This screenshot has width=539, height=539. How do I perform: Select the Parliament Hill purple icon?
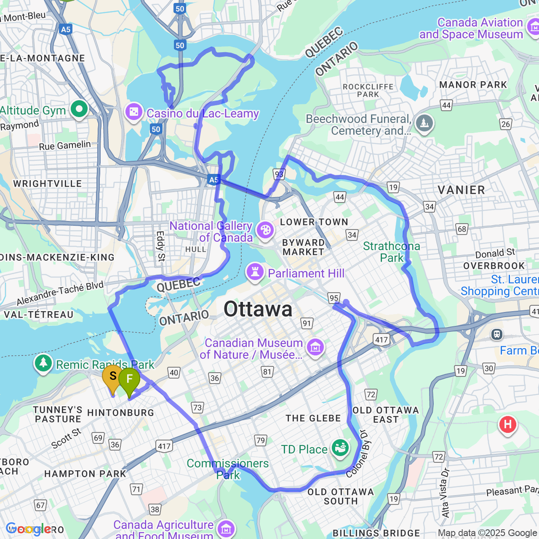[x=255, y=272]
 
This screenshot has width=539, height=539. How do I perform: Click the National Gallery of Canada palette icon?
[x=265, y=231]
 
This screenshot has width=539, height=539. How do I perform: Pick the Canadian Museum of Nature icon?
[x=315, y=347]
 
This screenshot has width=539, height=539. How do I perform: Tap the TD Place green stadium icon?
[x=340, y=448]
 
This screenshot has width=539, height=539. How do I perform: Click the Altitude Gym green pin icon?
[x=79, y=109]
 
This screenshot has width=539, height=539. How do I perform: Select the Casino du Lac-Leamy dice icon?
[x=134, y=112]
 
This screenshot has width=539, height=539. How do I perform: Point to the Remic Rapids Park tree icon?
[x=43, y=363]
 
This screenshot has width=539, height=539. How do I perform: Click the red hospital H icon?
[x=507, y=424]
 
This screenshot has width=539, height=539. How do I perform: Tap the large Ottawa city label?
[x=258, y=310]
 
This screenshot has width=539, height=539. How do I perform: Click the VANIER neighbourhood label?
[x=461, y=190]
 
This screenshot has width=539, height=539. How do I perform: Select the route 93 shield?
[x=279, y=174]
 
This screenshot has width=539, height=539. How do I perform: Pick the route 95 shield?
[x=334, y=298]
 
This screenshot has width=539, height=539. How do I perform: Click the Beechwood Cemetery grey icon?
[x=424, y=123]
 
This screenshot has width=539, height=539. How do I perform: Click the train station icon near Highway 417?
[x=497, y=334]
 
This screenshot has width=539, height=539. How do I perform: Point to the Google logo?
[x=28, y=529]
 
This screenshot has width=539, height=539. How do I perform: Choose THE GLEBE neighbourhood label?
[x=313, y=418]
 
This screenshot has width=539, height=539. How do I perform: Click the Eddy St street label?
[x=160, y=246]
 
